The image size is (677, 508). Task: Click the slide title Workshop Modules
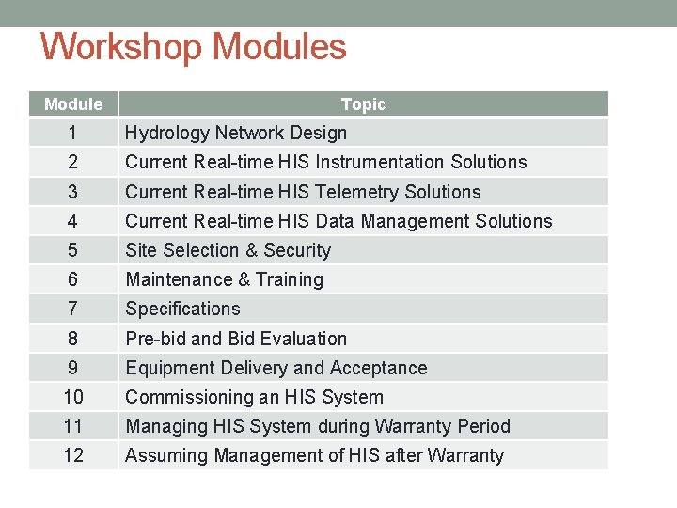194,47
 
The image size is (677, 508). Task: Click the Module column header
73,104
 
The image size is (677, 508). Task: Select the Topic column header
363,104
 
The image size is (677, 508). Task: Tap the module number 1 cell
73,133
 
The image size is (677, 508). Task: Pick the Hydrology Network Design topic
236,133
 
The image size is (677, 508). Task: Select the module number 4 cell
73,221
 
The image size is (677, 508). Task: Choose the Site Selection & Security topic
228,250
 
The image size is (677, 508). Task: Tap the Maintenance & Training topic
224,279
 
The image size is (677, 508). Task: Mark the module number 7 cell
73,309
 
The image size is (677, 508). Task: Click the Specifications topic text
182,309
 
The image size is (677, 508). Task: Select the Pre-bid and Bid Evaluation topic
236,339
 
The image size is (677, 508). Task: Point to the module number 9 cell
73,368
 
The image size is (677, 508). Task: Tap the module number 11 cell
73,426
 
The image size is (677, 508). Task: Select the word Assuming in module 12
164,455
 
